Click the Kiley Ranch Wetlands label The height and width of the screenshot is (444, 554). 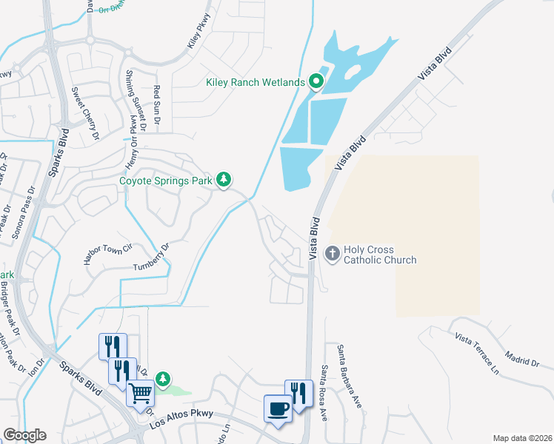255,82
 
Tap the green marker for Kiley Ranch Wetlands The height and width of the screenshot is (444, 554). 317,81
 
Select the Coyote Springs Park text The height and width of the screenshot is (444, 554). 166,180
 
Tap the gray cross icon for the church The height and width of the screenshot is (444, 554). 333,255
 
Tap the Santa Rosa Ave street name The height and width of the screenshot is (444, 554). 324,392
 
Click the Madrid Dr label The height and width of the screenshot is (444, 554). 524,362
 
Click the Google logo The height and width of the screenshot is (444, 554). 24,435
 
